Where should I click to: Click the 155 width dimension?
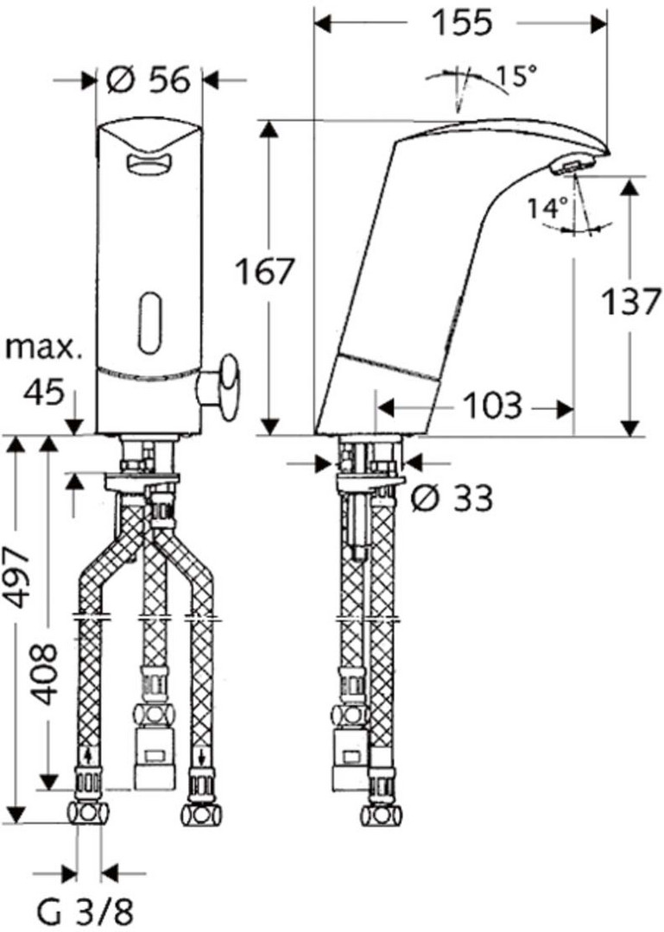click(462, 23)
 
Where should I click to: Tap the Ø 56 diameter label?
click(149, 79)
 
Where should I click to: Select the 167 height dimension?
click(265, 272)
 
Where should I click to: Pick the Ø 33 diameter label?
click(452, 498)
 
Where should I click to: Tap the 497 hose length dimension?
click(21, 577)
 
